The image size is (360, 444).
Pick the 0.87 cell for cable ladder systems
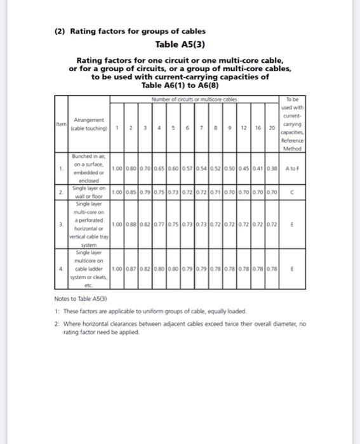130,269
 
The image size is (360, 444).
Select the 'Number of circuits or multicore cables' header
194,99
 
